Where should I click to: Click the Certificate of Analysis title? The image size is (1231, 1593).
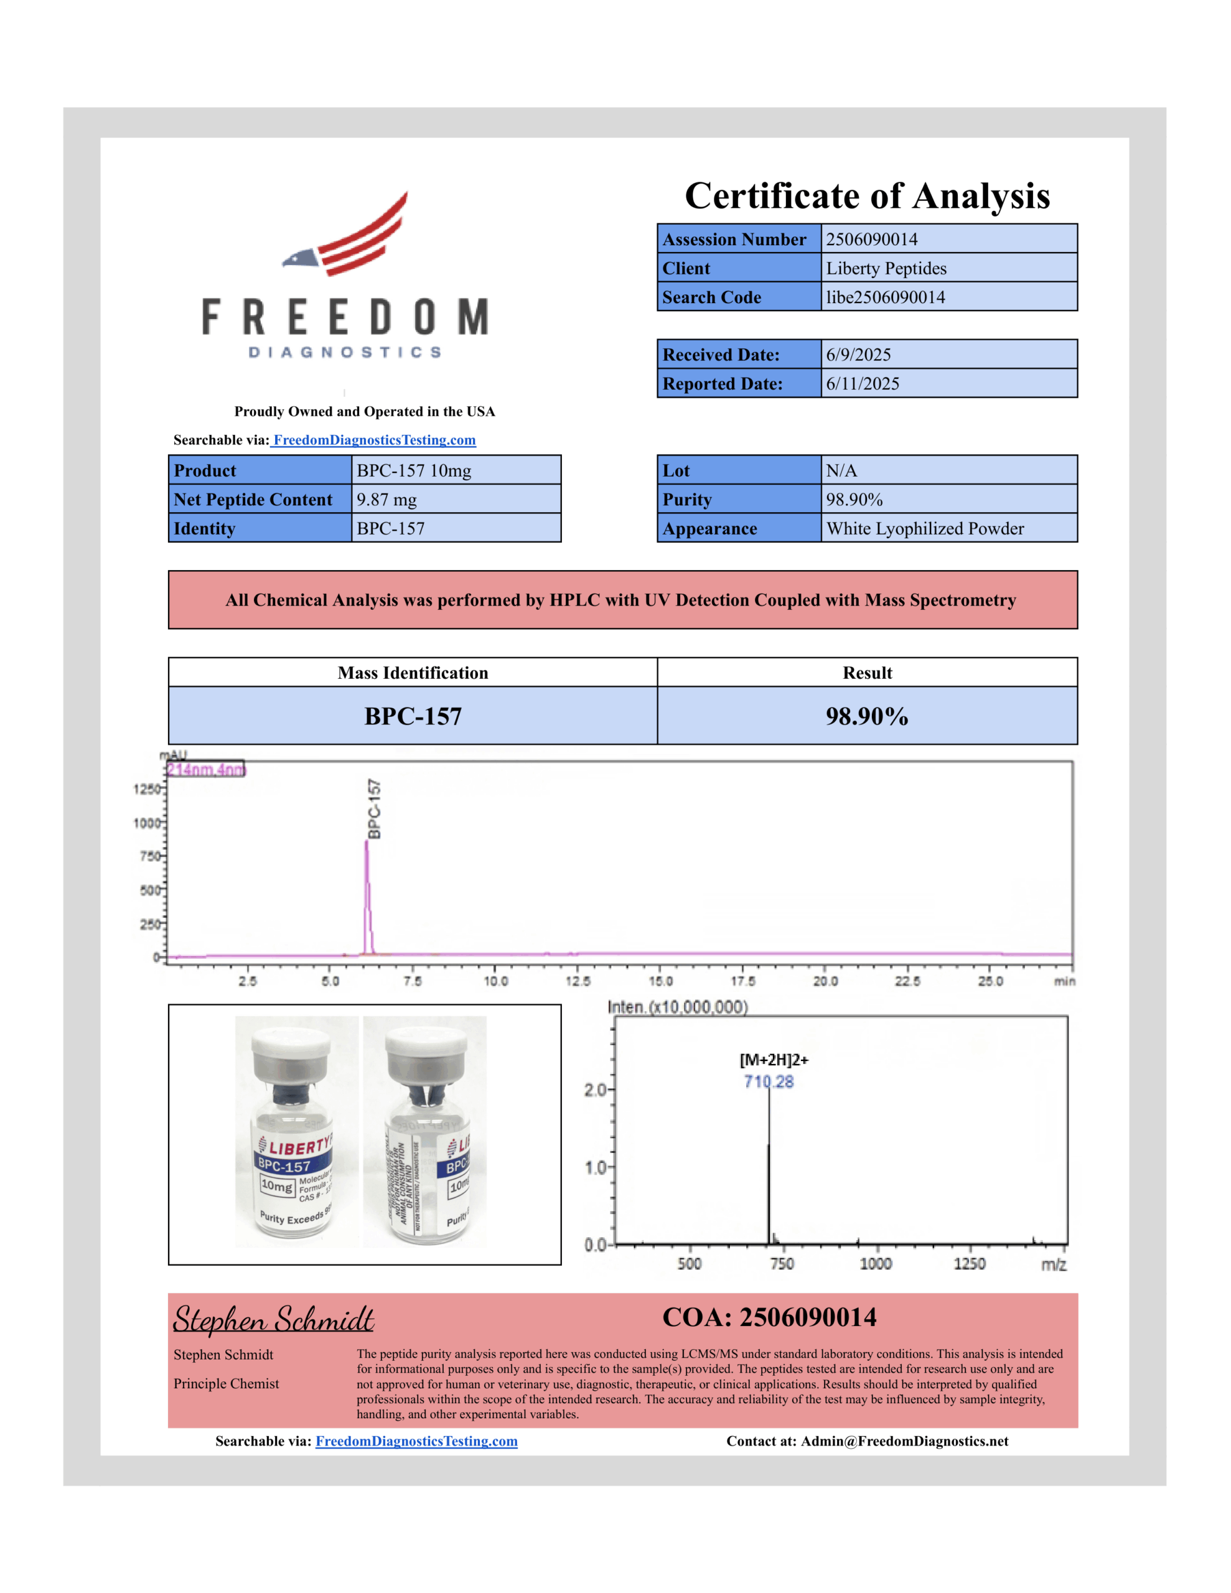tap(867, 195)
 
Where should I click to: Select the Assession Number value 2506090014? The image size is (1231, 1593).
tap(871, 239)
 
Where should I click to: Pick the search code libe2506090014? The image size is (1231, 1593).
tap(885, 297)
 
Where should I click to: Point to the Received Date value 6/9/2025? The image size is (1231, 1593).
tap(858, 355)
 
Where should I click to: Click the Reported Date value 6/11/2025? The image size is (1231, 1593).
tap(863, 384)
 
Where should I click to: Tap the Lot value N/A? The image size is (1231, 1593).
tap(841, 471)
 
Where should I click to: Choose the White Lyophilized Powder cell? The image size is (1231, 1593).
tap(925, 529)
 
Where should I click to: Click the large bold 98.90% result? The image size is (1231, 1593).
tap(867, 716)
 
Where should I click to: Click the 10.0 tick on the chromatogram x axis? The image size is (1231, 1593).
tap(495, 981)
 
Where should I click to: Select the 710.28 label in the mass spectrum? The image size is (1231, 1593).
tap(769, 1081)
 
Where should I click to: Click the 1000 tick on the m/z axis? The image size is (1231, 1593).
tap(875, 1264)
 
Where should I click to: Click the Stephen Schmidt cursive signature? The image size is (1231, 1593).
tap(274, 1319)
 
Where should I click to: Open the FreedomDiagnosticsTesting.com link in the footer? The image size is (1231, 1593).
tap(416, 1441)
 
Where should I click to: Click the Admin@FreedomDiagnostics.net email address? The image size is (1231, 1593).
tap(904, 1441)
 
